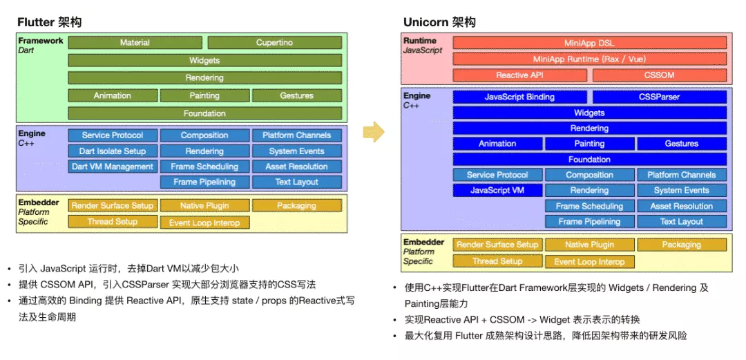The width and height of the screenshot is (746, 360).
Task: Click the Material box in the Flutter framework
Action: [x=135, y=43]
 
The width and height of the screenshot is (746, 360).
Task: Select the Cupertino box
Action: [x=274, y=43]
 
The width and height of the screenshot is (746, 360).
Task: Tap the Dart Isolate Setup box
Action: [x=113, y=151]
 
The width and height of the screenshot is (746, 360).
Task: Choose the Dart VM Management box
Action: [x=113, y=167]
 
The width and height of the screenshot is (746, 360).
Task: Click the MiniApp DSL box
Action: [x=589, y=43]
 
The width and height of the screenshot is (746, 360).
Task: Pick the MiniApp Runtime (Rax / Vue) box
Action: [x=589, y=59]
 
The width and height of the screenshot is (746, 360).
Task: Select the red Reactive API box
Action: [x=520, y=75]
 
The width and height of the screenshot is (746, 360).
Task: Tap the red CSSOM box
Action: [x=660, y=75]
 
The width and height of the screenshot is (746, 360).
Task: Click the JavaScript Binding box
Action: [x=519, y=97]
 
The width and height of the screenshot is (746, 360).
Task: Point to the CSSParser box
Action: [x=660, y=97]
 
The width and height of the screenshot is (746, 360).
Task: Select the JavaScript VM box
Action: [x=497, y=191]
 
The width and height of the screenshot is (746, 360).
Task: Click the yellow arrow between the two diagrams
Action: [x=373, y=131]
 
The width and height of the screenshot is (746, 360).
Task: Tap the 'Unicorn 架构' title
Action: [x=439, y=22]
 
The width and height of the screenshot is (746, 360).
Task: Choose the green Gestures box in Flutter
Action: [x=297, y=96]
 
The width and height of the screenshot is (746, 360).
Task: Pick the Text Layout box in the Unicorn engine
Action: [x=682, y=222]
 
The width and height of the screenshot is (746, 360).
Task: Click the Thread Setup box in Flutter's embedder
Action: [x=113, y=222]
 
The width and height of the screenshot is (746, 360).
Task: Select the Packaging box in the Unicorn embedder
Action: [x=682, y=245]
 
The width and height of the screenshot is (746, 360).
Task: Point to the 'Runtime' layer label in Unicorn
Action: [x=421, y=41]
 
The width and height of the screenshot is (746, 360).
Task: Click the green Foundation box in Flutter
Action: [x=204, y=113]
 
